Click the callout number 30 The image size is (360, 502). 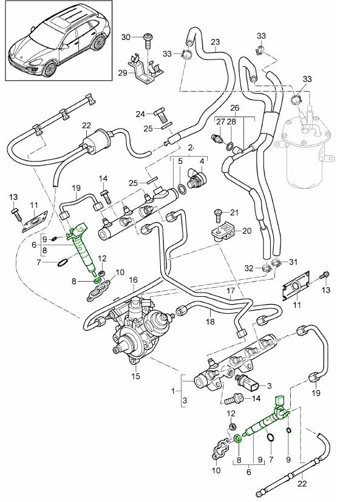click(x=126, y=37)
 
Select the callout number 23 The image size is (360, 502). click(x=215, y=42)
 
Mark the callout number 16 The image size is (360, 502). click(x=134, y=280)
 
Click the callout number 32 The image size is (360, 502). click(x=250, y=268)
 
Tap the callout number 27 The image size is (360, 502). click(x=222, y=122)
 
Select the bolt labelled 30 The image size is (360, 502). click(x=147, y=40)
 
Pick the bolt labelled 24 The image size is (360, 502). click(x=161, y=112)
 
